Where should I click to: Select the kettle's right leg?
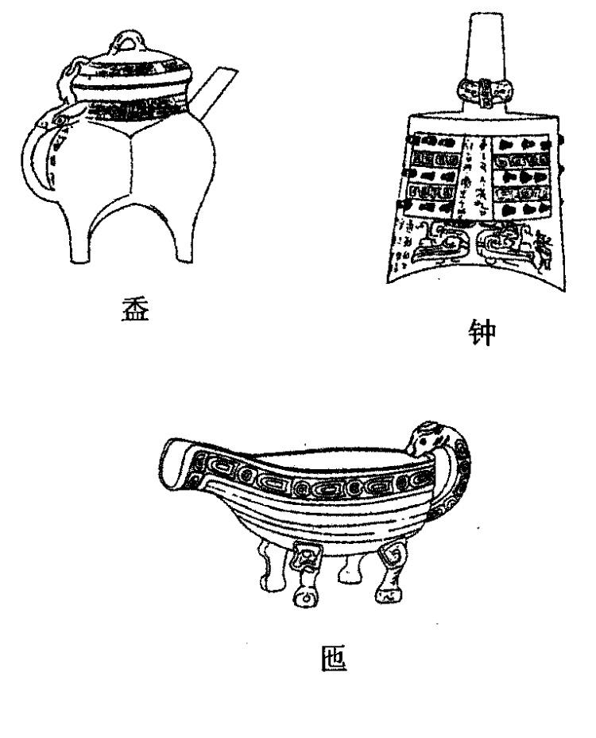183,239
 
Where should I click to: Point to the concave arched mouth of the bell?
477,266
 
